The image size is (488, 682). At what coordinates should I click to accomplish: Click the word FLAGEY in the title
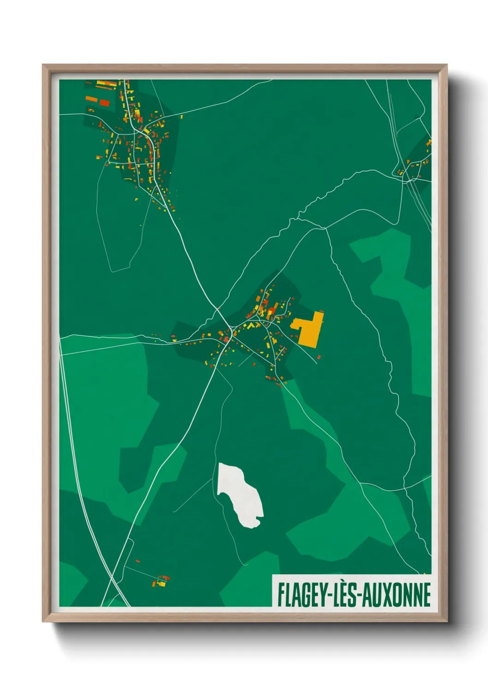[301, 594]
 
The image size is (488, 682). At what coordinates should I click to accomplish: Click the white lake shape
[239, 494]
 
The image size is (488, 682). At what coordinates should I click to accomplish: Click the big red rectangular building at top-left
[105, 102]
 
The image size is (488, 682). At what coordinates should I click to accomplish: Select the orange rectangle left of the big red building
[91, 99]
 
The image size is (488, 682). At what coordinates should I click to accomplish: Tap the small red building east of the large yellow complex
[318, 357]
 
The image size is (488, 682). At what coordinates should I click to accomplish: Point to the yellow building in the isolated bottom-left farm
[161, 583]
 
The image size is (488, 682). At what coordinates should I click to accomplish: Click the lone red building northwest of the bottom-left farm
[137, 561]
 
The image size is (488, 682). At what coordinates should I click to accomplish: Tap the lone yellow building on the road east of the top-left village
[181, 117]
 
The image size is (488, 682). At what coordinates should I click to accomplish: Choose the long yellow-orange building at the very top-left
[106, 84]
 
